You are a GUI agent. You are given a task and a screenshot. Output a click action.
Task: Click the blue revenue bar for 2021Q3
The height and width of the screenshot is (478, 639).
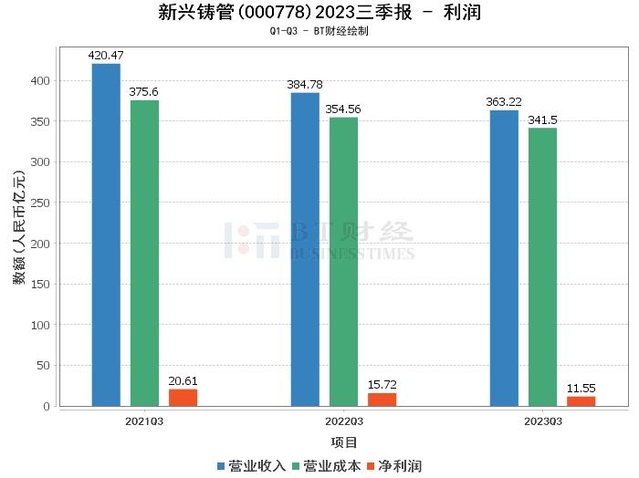[106, 234]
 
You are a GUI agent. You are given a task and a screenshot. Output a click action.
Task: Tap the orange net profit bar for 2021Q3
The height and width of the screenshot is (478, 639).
[183, 398]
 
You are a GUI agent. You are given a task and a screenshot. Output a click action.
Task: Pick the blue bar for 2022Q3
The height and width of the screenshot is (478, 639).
[305, 249]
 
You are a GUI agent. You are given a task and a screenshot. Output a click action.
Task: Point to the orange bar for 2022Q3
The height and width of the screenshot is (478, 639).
[382, 400]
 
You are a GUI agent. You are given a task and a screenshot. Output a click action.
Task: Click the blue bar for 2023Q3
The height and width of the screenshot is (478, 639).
[504, 258]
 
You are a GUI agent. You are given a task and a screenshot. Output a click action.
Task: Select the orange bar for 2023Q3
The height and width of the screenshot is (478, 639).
[581, 401]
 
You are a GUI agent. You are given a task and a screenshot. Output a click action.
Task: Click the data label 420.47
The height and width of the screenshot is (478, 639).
[105, 56]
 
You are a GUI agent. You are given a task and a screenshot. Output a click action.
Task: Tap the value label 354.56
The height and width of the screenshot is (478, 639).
[344, 109]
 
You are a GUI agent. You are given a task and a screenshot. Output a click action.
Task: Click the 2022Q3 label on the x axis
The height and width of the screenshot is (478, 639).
[344, 421]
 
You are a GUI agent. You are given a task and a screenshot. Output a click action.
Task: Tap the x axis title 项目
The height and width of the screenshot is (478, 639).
[344, 443]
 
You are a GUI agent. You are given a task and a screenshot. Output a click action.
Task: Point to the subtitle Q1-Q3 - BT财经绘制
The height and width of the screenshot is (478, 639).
[319, 31]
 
